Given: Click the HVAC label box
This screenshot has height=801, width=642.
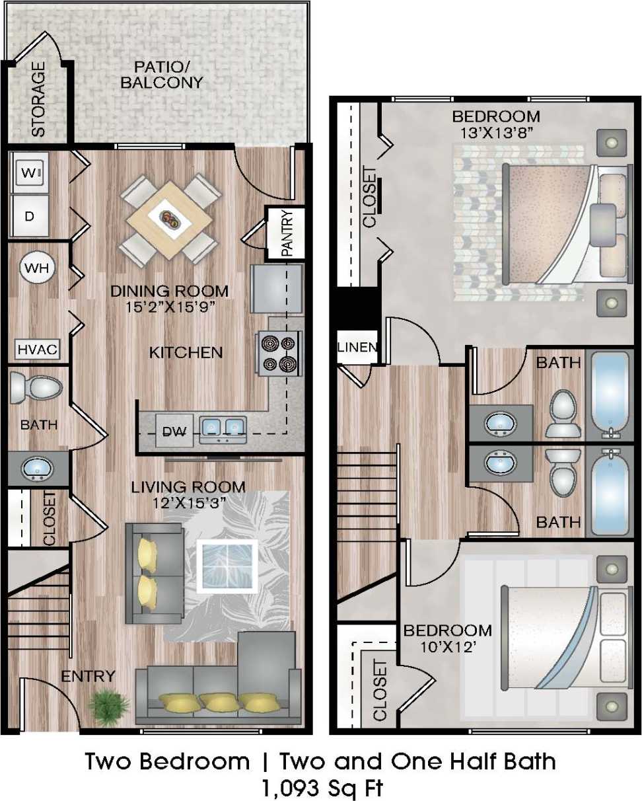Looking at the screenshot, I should pos(38,348).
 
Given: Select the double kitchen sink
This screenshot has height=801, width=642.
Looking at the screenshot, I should pos(223,428).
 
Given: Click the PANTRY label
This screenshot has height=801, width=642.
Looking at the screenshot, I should pos(286,233).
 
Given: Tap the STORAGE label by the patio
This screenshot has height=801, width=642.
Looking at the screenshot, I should pos(39,99).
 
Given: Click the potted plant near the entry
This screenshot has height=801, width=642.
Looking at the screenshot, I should pos(108,706).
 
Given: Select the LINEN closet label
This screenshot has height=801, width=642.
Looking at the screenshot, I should pos(357,347).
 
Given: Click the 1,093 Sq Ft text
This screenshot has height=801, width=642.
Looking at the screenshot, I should pos(320,788).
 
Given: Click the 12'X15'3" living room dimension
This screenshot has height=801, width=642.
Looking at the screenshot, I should pos(188,502).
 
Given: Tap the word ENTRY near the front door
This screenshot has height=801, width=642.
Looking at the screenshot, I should pos(88,676).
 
